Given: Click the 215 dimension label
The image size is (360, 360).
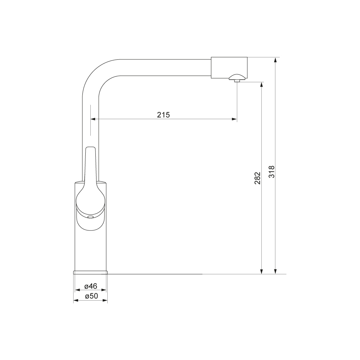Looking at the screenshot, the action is pyautogui.click(x=163, y=114).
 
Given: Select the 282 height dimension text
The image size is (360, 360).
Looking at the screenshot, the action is pyautogui.click(x=258, y=178).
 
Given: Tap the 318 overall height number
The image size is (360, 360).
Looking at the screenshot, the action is pyautogui.click(x=272, y=171).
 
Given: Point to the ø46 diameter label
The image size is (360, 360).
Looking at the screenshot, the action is pyautogui.click(x=91, y=286).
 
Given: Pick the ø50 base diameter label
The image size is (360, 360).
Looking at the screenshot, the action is pyautogui.click(x=91, y=296).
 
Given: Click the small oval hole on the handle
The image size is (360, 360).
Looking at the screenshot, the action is pyautogui.click(x=90, y=217).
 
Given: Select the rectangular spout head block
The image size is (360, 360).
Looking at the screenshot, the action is pyautogui.click(x=229, y=68).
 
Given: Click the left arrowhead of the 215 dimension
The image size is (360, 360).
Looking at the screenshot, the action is pyautogui.click(x=93, y=119).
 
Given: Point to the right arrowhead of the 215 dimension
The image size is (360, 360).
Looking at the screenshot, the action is pyautogui.click(x=234, y=119).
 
